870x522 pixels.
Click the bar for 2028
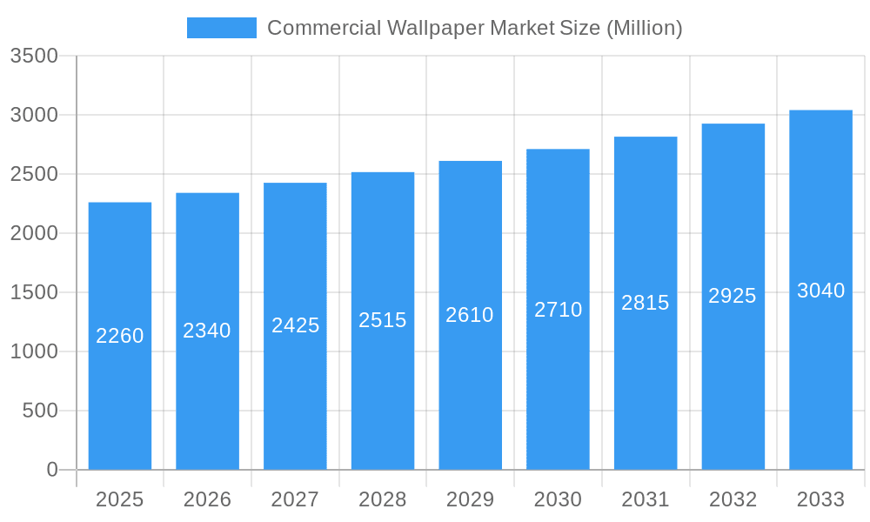coord(383,391)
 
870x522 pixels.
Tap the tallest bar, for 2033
coord(820,374)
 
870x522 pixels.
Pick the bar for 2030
coord(558,391)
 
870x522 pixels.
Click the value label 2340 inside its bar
coord(207,331)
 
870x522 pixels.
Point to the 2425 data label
coord(296,325)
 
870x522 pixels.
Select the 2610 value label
coord(470,315)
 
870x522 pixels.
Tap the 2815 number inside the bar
coord(646,303)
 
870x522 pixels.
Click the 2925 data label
coord(733,296)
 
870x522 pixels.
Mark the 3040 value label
coord(820,291)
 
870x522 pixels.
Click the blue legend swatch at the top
coord(222,28)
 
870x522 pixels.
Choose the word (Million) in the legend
coord(644,28)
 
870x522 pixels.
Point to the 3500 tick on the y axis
coord(34,57)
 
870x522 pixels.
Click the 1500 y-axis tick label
coord(34,292)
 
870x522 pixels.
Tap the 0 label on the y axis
coord(51,470)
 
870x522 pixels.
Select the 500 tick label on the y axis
coord(40,411)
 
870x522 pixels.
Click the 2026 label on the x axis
coord(207,499)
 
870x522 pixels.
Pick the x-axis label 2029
coord(470,499)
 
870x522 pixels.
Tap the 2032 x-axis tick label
coord(733,499)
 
